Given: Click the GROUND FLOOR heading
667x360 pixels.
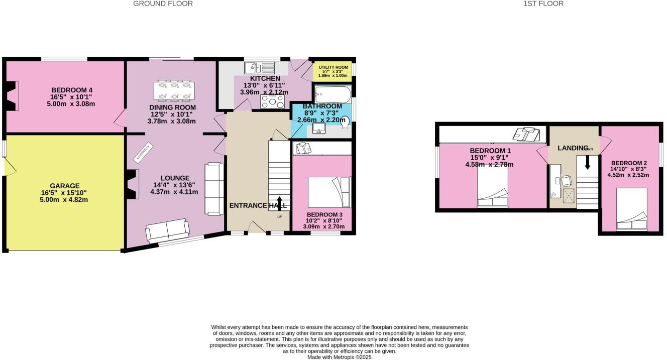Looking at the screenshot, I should [163, 4].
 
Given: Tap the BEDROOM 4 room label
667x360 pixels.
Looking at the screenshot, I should [71, 90].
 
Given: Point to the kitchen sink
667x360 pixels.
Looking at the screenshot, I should [260, 68].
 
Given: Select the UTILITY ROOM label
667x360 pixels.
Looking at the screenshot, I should [333, 67].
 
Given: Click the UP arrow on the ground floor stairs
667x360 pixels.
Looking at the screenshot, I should [279, 203].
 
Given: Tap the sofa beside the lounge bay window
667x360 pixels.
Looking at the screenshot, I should [168, 230].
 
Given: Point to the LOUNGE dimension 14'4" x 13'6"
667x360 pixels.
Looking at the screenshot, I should [174, 185].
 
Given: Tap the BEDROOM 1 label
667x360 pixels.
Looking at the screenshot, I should [490, 151].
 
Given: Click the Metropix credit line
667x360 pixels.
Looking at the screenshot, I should [339, 357].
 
